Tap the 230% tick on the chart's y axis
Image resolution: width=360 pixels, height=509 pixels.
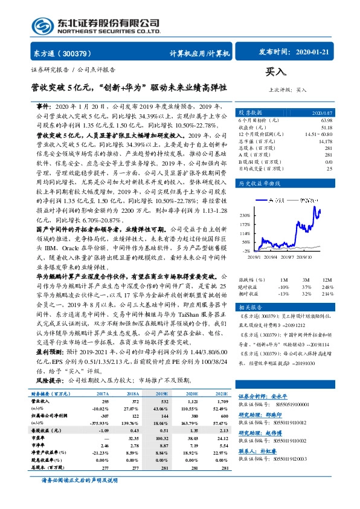coord(243,215)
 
